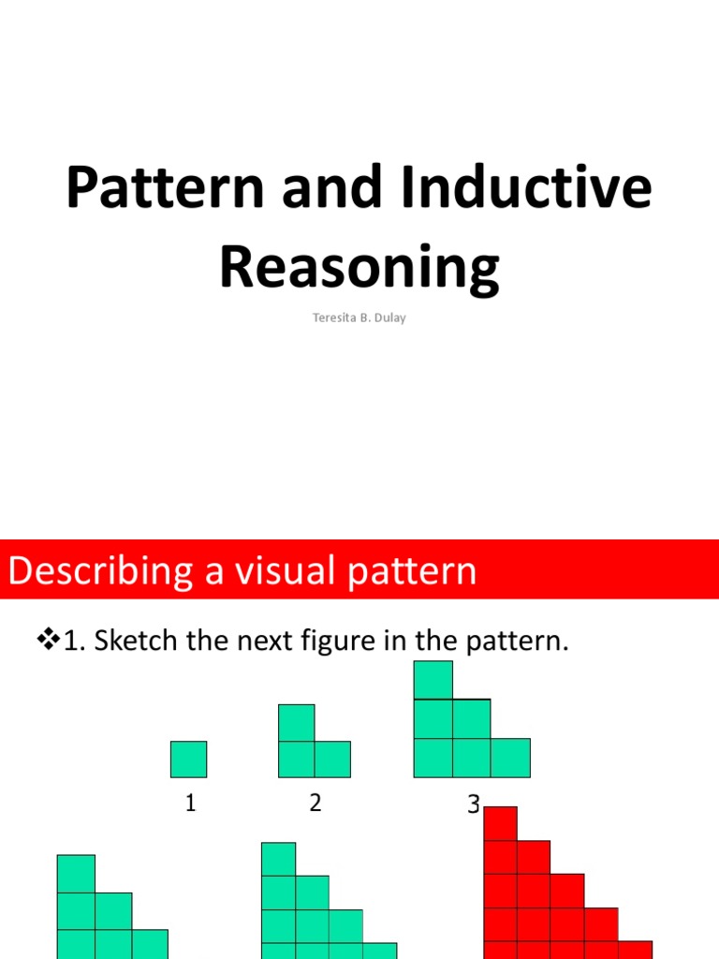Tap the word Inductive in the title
(526, 187)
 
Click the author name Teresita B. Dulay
(359, 317)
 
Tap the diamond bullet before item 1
(47, 642)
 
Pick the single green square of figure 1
(188, 760)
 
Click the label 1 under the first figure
(190, 803)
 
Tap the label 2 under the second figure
(315, 803)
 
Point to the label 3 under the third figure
(474, 804)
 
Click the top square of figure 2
(296, 723)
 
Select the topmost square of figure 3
(433, 680)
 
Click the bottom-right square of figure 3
(510, 758)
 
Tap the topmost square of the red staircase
(500, 824)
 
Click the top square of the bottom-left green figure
(76, 874)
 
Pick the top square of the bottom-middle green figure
(278, 859)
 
